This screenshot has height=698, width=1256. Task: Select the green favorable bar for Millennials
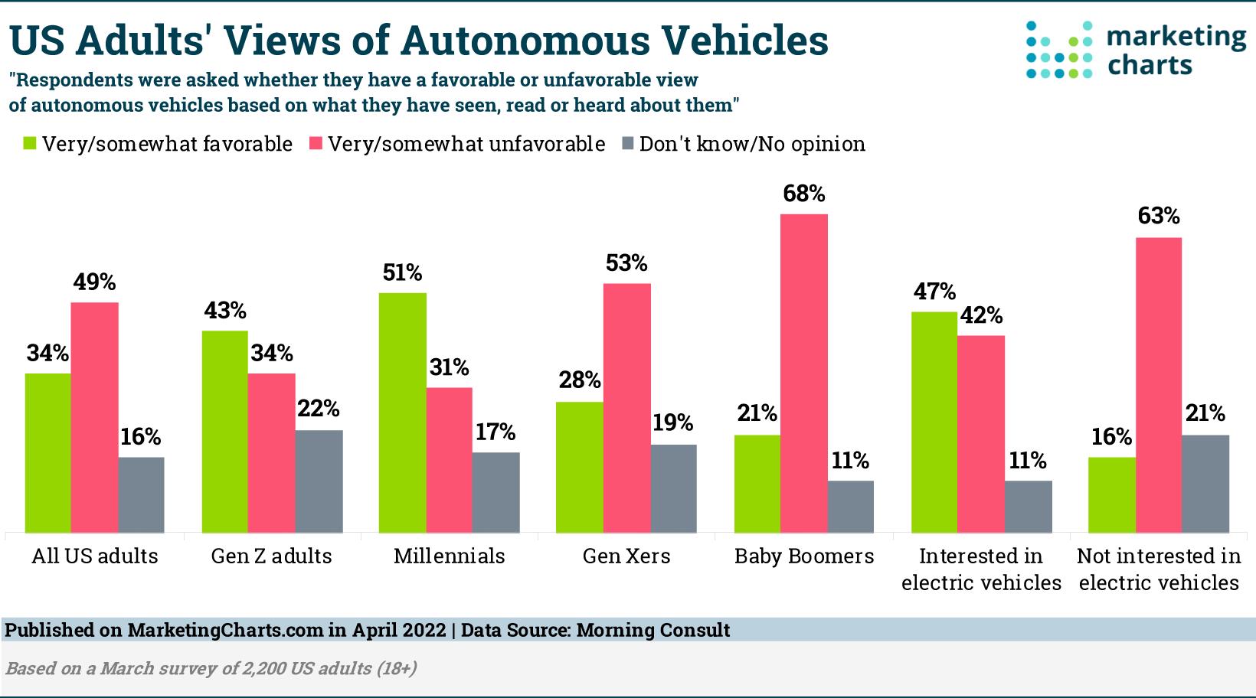click(x=403, y=413)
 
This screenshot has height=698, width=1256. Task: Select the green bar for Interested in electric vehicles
click(x=934, y=422)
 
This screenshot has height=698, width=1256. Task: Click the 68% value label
click(x=803, y=194)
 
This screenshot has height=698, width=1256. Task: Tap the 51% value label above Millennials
click(x=403, y=272)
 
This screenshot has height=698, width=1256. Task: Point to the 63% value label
click(x=1158, y=217)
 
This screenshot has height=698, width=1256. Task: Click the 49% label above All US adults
click(x=94, y=282)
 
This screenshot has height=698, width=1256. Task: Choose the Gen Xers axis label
click(x=626, y=556)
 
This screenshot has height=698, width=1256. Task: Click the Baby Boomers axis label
click(x=803, y=556)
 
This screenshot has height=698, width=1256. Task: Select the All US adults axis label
click(x=94, y=556)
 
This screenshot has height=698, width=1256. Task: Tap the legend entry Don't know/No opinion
click(x=751, y=144)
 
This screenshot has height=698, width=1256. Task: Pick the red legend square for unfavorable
click(x=315, y=144)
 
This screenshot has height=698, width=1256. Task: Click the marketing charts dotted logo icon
click(x=1059, y=51)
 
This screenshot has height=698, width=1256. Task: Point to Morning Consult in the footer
click(x=653, y=630)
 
